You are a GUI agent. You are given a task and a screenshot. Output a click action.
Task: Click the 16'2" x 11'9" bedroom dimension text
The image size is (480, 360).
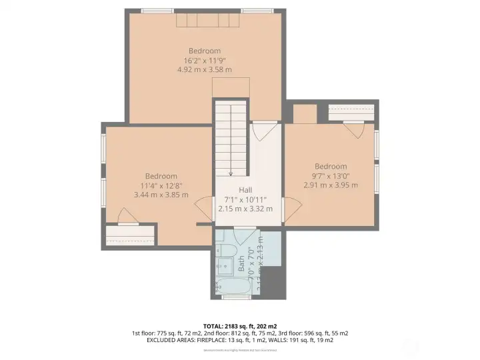205,60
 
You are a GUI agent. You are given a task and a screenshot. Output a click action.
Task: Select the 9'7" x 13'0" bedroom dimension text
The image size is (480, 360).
331,176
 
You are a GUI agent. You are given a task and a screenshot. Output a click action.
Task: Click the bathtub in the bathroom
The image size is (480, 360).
235,287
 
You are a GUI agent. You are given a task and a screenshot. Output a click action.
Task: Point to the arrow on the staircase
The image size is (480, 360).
231,171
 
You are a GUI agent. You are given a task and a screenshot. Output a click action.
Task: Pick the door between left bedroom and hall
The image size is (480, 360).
203,215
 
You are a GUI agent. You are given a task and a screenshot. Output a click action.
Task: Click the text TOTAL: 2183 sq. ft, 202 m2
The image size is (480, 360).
240,325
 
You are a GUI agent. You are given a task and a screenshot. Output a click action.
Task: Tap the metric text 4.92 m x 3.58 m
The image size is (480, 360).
205,69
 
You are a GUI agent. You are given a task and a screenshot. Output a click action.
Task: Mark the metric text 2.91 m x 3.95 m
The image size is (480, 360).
331,185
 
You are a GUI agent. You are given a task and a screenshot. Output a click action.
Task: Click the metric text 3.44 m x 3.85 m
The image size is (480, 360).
161,195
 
